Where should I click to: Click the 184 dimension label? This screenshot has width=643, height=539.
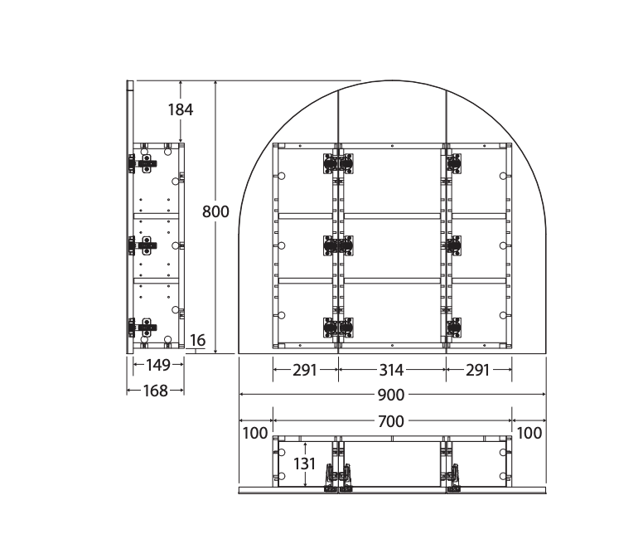[181, 109]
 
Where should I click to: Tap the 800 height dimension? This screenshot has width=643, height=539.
[215, 211]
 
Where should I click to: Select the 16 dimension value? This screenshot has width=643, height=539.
[198, 340]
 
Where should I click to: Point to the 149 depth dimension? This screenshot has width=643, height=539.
[158, 365]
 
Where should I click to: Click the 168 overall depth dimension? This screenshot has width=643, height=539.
[156, 391]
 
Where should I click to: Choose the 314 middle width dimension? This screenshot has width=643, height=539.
[392, 370]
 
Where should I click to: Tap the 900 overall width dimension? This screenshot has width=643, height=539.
[391, 395]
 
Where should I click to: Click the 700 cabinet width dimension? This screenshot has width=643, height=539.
[391, 421]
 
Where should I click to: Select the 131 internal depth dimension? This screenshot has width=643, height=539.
[304, 464]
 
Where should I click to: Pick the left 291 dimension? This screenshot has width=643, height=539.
[305, 370]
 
